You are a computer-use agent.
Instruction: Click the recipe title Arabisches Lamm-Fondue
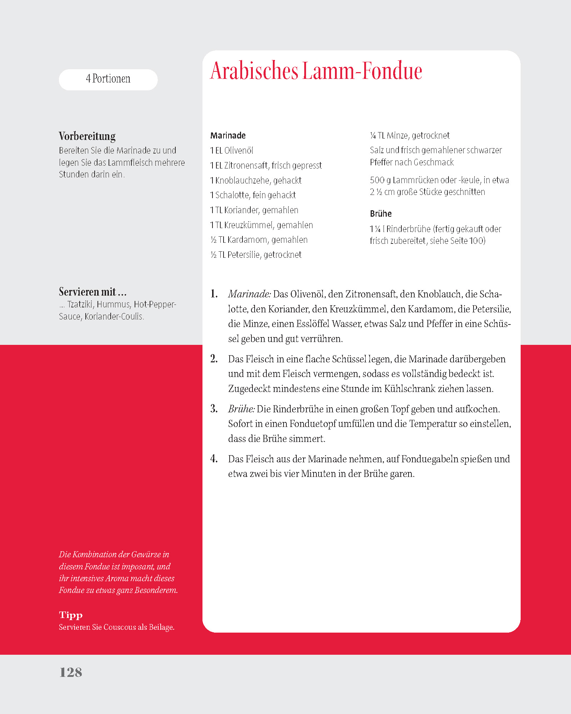[x=316, y=71]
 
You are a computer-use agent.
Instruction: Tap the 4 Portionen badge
[x=108, y=79]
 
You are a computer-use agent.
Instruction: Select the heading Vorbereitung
[x=87, y=136]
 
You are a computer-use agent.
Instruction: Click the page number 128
[x=71, y=672]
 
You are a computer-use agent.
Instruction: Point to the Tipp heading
[x=71, y=615]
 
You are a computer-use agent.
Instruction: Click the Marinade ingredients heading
[x=228, y=136]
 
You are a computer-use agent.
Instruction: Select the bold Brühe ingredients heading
[x=381, y=214]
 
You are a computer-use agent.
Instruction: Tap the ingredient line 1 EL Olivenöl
[x=232, y=151]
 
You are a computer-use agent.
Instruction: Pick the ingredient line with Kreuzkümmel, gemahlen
[x=261, y=225]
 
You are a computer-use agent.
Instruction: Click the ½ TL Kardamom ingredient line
[x=259, y=240]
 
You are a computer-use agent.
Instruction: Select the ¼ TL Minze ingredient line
[x=410, y=136]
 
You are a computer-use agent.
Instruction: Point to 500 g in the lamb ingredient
[x=380, y=180]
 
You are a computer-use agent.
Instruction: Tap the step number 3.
[x=214, y=408]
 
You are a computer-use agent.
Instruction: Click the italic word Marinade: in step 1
[x=249, y=294]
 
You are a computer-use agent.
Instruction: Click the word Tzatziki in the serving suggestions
[x=80, y=305]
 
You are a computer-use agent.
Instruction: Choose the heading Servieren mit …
[x=92, y=292]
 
